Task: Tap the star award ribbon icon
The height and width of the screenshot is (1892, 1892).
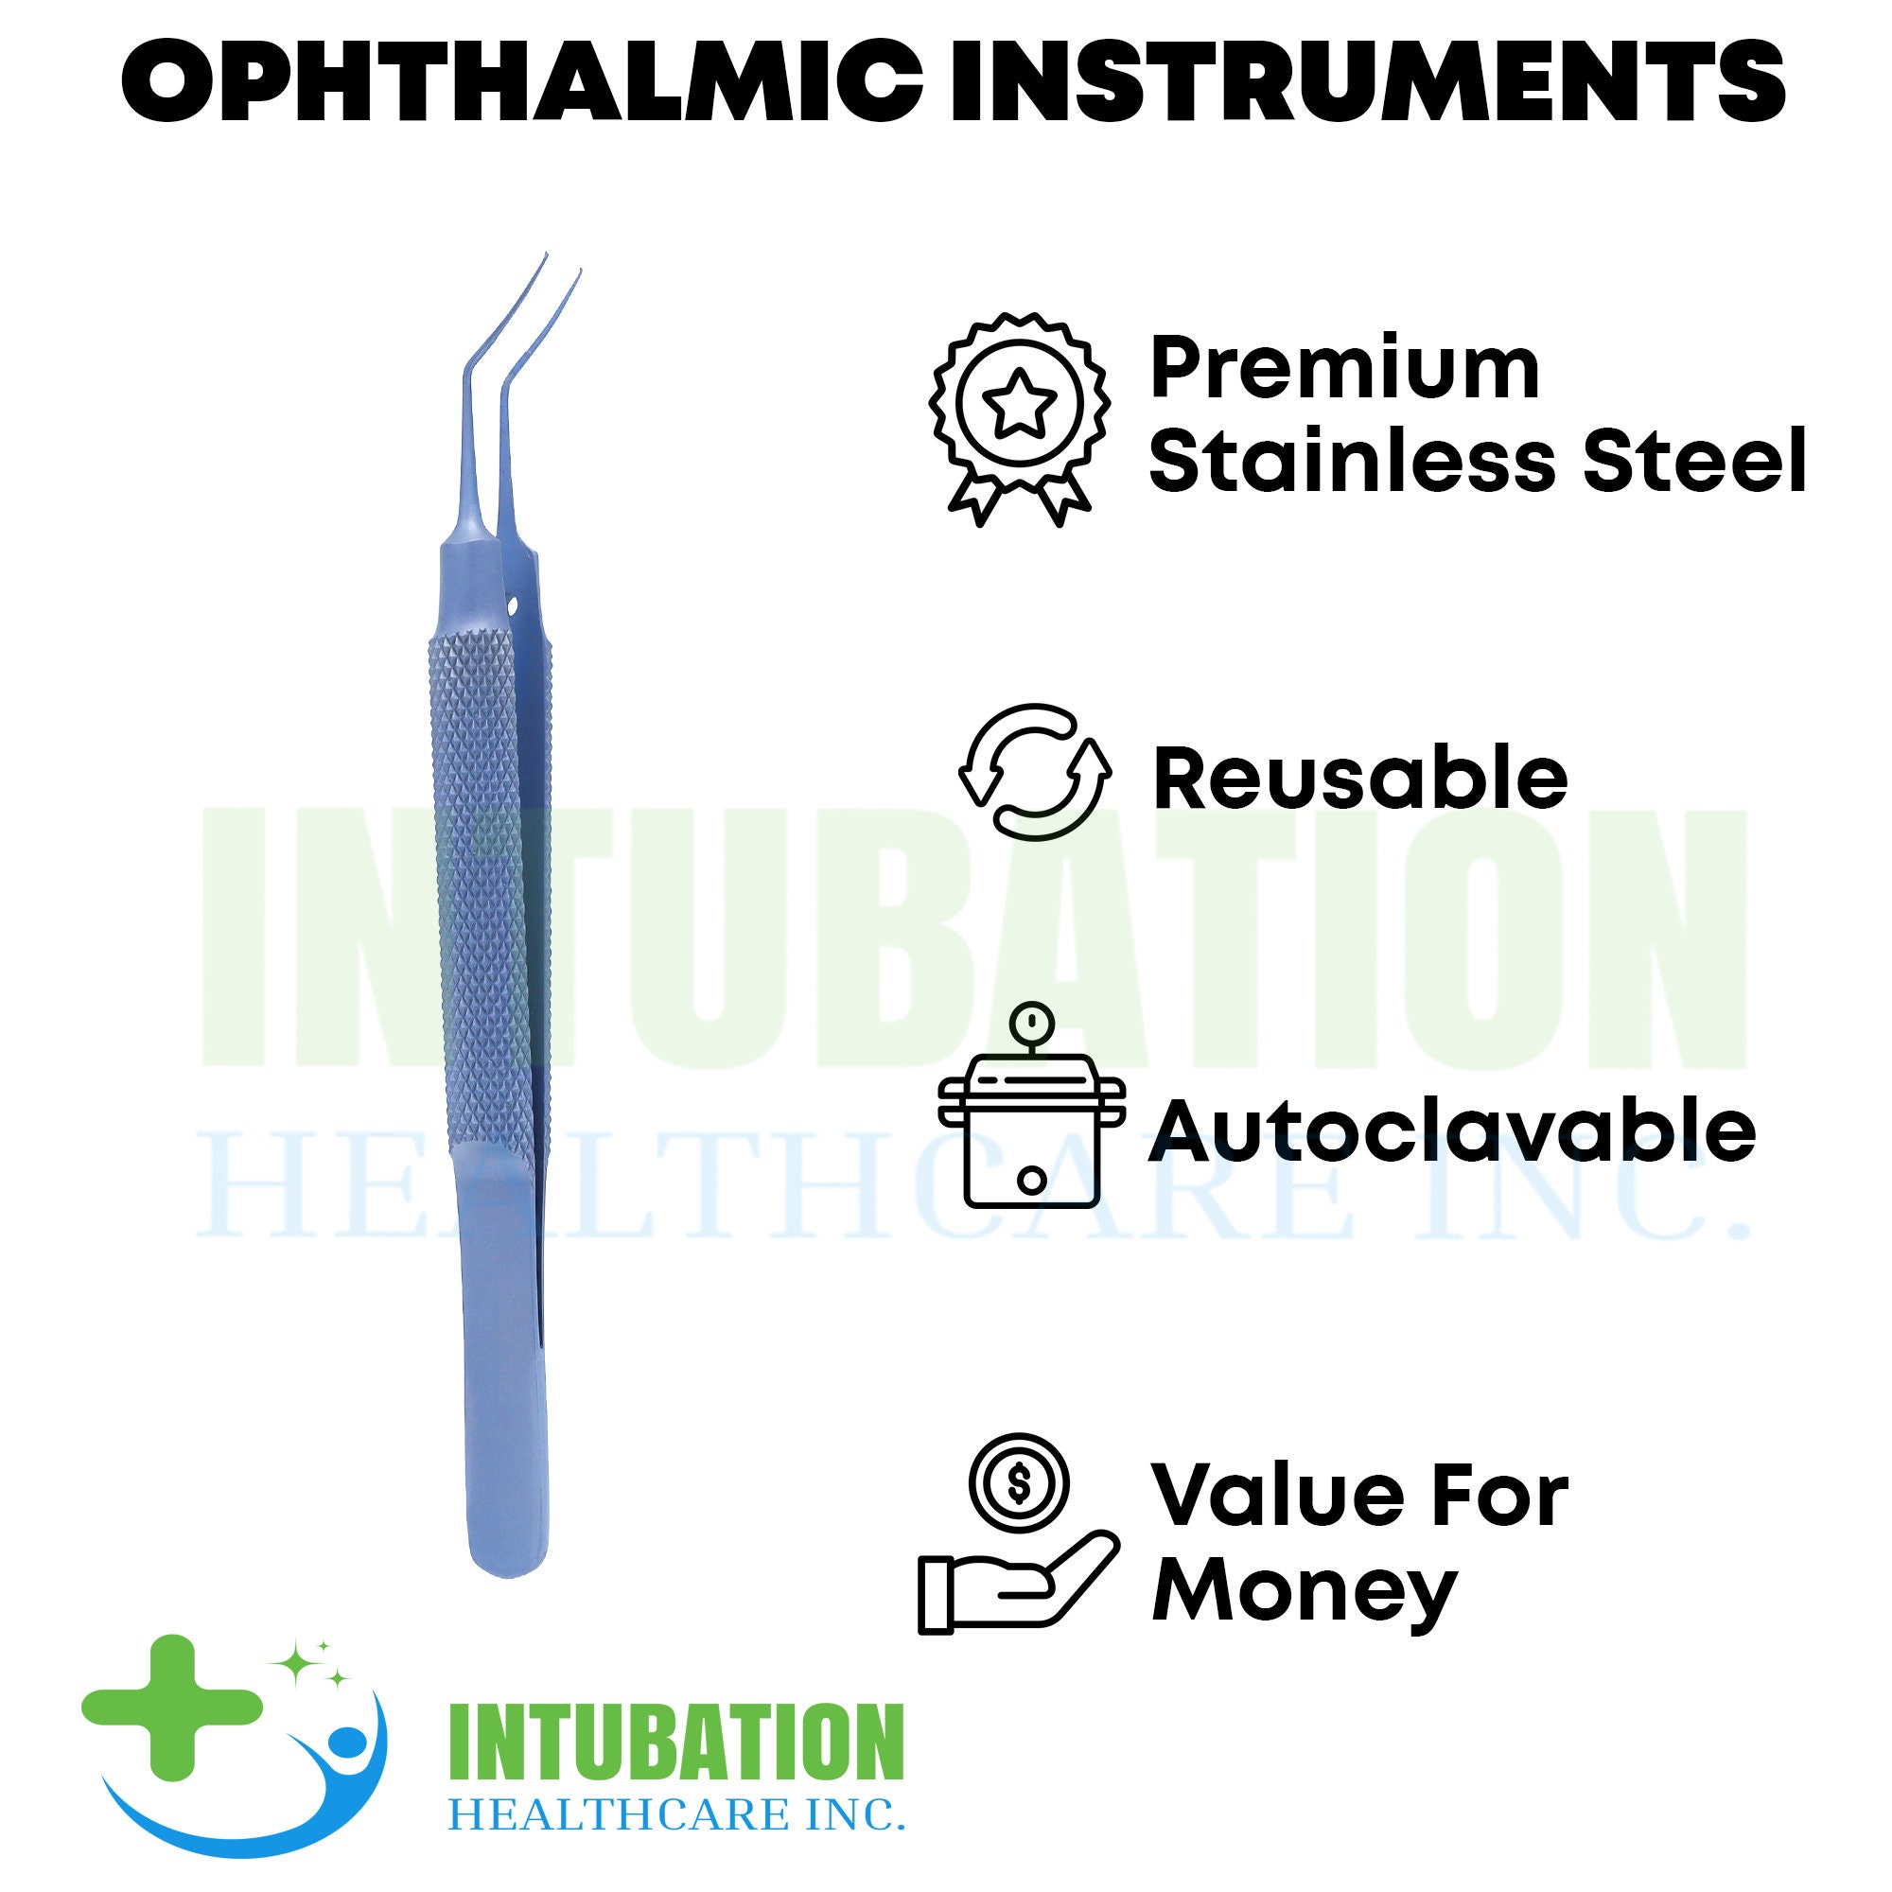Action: (1021, 416)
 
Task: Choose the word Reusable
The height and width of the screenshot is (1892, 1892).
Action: (1360, 779)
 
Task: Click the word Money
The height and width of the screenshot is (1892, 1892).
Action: (1303, 1591)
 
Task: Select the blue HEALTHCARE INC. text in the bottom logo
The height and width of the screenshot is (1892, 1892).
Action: (675, 1813)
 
